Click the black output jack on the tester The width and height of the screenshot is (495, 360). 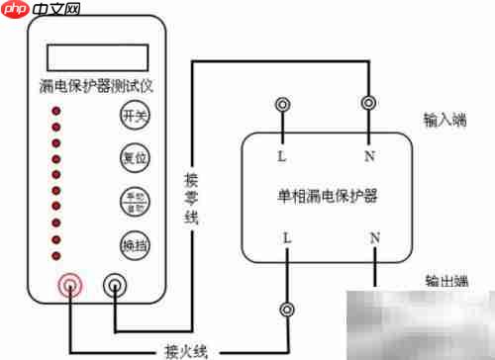tap(117, 287)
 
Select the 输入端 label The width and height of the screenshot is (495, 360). tap(444, 120)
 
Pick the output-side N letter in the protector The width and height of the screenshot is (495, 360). tap(374, 238)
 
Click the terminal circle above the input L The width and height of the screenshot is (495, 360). tap(284, 104)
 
